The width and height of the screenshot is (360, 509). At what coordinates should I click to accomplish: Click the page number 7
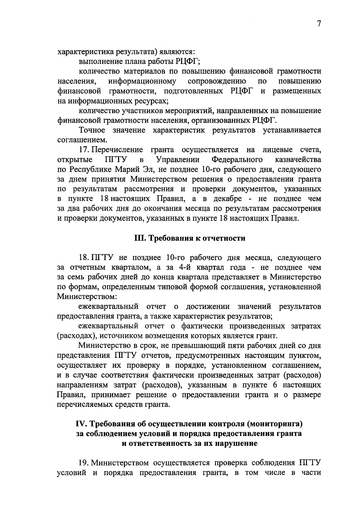point(319,24)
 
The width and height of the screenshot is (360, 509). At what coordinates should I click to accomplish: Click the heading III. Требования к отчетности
point(189,238)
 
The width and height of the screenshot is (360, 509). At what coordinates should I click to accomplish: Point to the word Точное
point(92,130)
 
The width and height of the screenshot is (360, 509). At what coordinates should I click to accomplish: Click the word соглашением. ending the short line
point(82,140)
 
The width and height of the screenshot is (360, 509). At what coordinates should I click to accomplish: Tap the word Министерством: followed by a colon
point(87,297)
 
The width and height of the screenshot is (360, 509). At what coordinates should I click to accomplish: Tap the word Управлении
point(177,159)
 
